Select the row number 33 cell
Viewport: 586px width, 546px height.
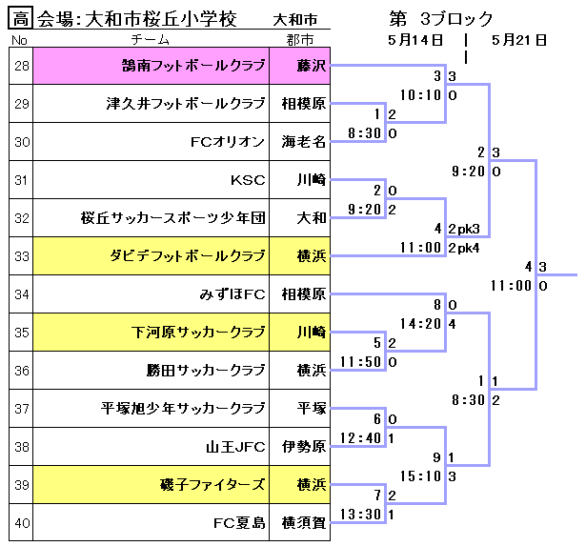(x=22, y=255)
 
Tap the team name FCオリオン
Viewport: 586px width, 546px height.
(x=227, y=142)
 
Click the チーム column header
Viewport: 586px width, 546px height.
(x=152, y=40)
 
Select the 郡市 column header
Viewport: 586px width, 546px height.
(x=304, y=40)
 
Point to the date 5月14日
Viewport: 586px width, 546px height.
(x=415, y=40)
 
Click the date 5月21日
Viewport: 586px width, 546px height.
(x=520, y=40)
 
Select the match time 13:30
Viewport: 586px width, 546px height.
(x=359, y=515)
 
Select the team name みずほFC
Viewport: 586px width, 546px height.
(x=232, y=293)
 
